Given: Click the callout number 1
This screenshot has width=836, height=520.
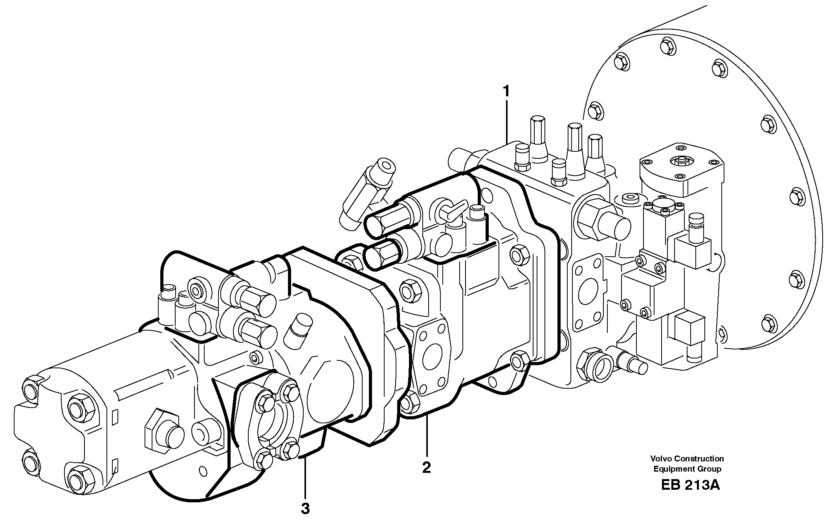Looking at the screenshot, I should [506, 92].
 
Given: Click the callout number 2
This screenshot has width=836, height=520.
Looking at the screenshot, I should [426, 468].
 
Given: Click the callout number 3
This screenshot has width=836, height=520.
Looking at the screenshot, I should [305, 509].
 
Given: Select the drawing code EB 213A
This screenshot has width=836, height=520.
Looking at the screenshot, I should [690, 485].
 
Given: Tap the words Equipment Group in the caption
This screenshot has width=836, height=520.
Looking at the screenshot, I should [687, 469].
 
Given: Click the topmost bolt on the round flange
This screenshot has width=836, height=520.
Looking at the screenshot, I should [668, 46].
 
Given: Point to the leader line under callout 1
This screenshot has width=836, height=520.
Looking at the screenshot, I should [507, 122].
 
